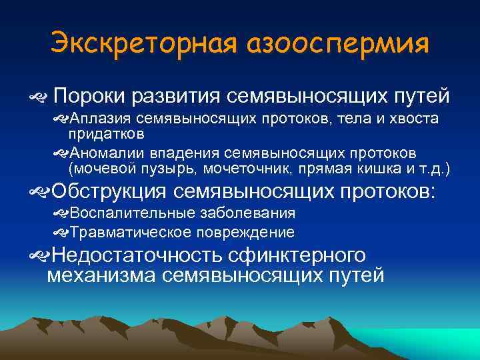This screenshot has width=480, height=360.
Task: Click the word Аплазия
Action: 101,119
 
